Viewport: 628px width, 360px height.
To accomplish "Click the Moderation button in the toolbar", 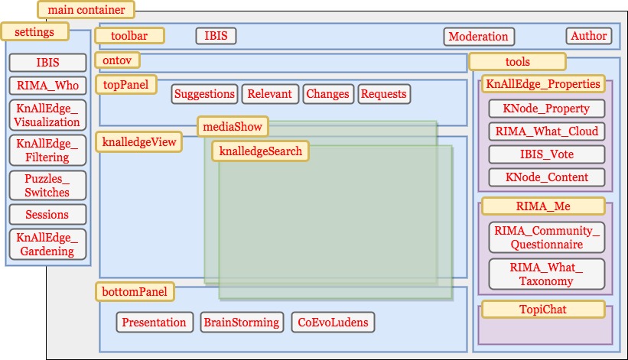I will (x=478, y=36).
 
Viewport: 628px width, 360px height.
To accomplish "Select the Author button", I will (x=589, y=35).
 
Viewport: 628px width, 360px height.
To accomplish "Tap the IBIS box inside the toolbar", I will (x=216, y=36).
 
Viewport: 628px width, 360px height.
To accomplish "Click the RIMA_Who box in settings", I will (x=47, y=86).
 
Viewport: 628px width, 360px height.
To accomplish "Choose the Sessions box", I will (x=47, y=215).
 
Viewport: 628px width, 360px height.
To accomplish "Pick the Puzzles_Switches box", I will (x=47, y=186).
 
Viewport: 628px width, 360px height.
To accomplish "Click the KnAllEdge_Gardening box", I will (x=47, y=245).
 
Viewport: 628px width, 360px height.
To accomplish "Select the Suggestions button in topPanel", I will (x=204, y=94).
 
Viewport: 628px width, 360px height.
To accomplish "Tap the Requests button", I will (x=384, y=94).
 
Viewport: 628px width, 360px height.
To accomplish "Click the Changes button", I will (x=327, y=94).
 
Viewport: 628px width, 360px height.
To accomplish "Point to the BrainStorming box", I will (x=242, y=323).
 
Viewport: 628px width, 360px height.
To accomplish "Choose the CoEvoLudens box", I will (x=333, y=323).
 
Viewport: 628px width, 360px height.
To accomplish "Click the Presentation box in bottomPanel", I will (x=154, y=323).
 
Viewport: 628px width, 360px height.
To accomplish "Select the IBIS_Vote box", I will (x=547, y=154).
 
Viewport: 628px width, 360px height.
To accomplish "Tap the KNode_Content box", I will (x=547, y=177).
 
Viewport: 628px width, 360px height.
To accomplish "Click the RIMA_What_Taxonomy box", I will (x=547, y=274).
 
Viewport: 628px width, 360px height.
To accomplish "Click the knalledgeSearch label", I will (x=260, y=151).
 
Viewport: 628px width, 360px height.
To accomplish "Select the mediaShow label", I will (x=230, y=126).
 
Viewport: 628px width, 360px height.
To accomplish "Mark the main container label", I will (x=86, y=10).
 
